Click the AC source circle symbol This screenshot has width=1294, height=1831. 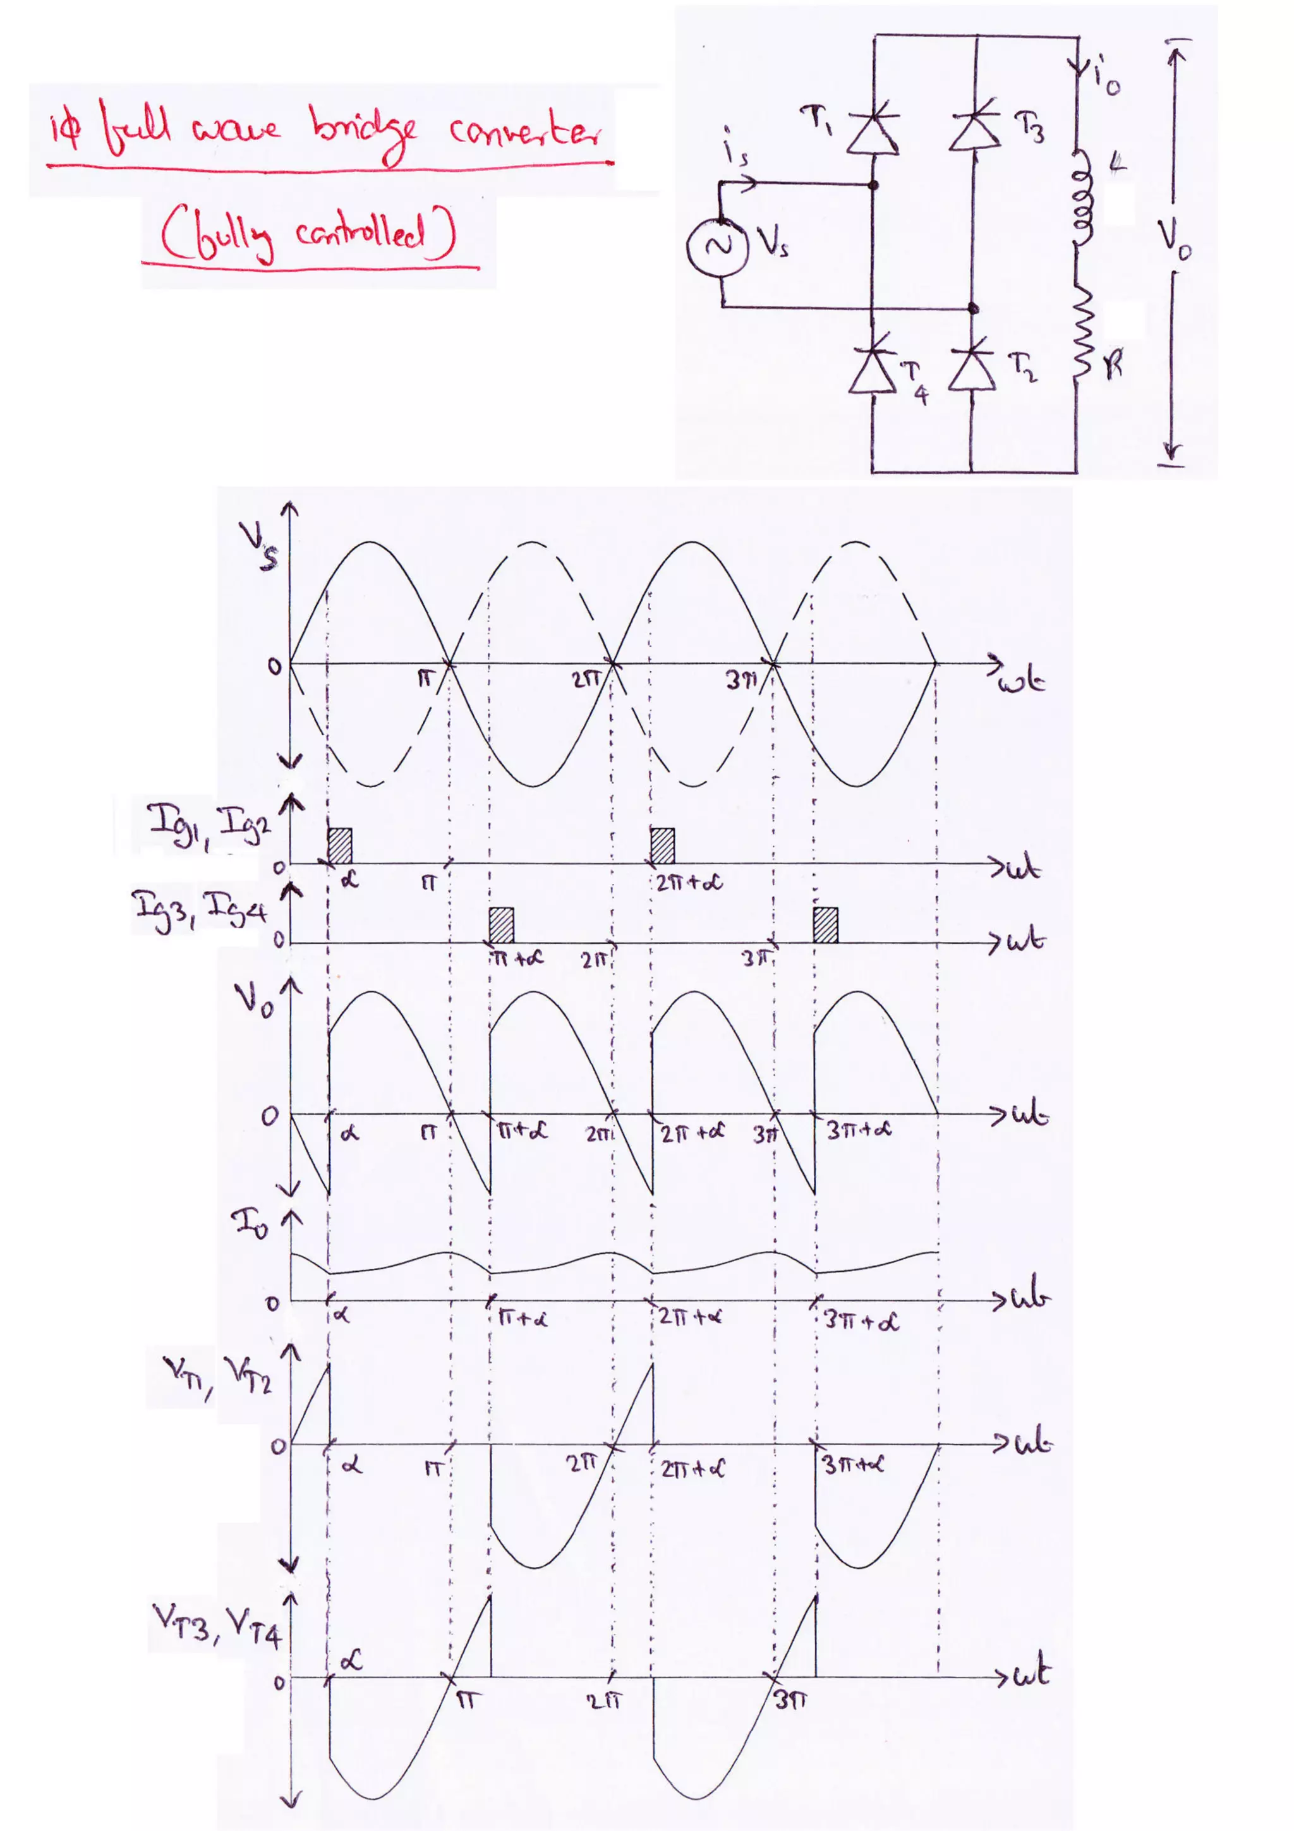point(718,246)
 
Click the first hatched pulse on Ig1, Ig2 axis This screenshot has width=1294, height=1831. point(340,845)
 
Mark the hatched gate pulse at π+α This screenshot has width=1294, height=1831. point(502,925)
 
